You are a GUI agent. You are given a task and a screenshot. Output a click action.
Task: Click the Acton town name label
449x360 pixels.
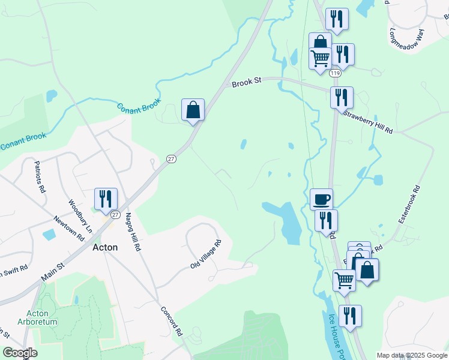[104, 247]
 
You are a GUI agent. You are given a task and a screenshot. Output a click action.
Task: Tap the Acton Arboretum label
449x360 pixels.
[42, 317]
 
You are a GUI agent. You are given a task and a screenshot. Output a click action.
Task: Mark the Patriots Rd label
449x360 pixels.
[40, 176]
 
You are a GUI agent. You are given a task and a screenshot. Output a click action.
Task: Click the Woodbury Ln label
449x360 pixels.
[80, 216]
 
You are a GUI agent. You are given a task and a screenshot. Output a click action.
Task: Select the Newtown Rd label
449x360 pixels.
[68, 229]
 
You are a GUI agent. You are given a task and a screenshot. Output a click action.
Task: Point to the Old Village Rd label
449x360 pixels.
[206, 254]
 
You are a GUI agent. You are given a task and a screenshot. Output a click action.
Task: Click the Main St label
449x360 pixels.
[53, 268]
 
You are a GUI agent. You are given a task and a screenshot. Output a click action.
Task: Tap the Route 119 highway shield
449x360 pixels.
[335, 73]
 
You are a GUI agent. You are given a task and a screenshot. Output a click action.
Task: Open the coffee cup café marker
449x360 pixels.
[321, 199]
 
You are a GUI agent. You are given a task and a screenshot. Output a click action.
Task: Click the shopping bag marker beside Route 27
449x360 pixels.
[193, 110]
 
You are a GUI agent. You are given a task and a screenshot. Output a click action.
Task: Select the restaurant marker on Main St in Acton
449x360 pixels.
[106, 199]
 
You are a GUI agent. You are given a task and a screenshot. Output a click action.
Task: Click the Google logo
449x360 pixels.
[20, 352]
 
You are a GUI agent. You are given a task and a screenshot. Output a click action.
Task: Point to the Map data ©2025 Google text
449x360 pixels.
[412, 355]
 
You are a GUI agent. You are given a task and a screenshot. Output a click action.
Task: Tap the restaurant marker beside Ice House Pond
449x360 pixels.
[350, 316]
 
